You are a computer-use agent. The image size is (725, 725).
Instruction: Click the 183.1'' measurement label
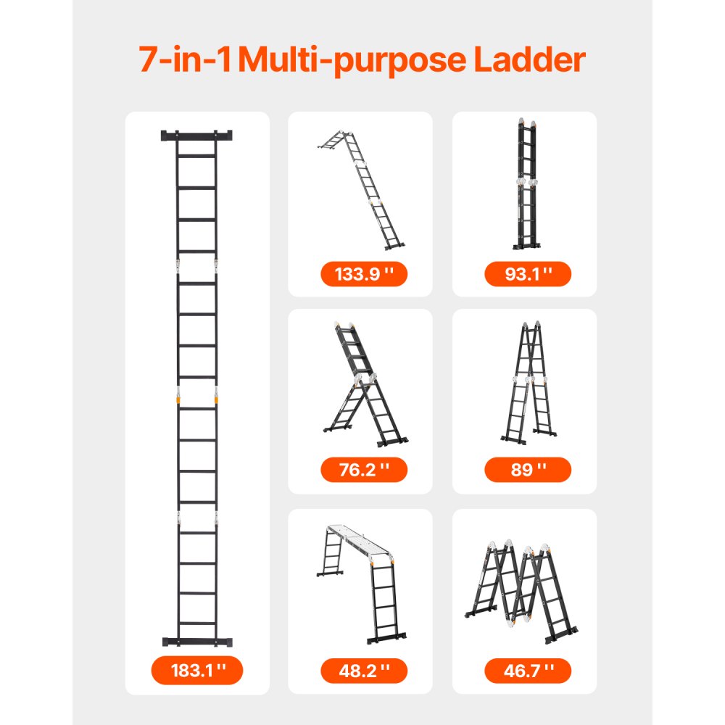[x=196, y=670]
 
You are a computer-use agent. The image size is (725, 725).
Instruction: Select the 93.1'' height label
[x=528, y=274]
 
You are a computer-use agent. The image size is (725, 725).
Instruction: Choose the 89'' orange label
[x=528, y=469]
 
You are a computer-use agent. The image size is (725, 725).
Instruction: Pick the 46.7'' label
[x=528, y=670]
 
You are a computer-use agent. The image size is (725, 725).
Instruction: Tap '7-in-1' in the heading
[x=186, y=60]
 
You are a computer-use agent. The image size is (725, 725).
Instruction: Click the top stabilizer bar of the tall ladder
[x=197, y=136]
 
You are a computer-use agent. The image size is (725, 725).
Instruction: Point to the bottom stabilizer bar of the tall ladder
[x=197, y=642]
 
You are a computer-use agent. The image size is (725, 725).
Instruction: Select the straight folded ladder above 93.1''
[x=527, y=184]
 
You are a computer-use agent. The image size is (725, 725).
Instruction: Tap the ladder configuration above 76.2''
[x=362, y=384]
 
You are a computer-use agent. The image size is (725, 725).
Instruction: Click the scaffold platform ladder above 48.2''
[x=362, y=580]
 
